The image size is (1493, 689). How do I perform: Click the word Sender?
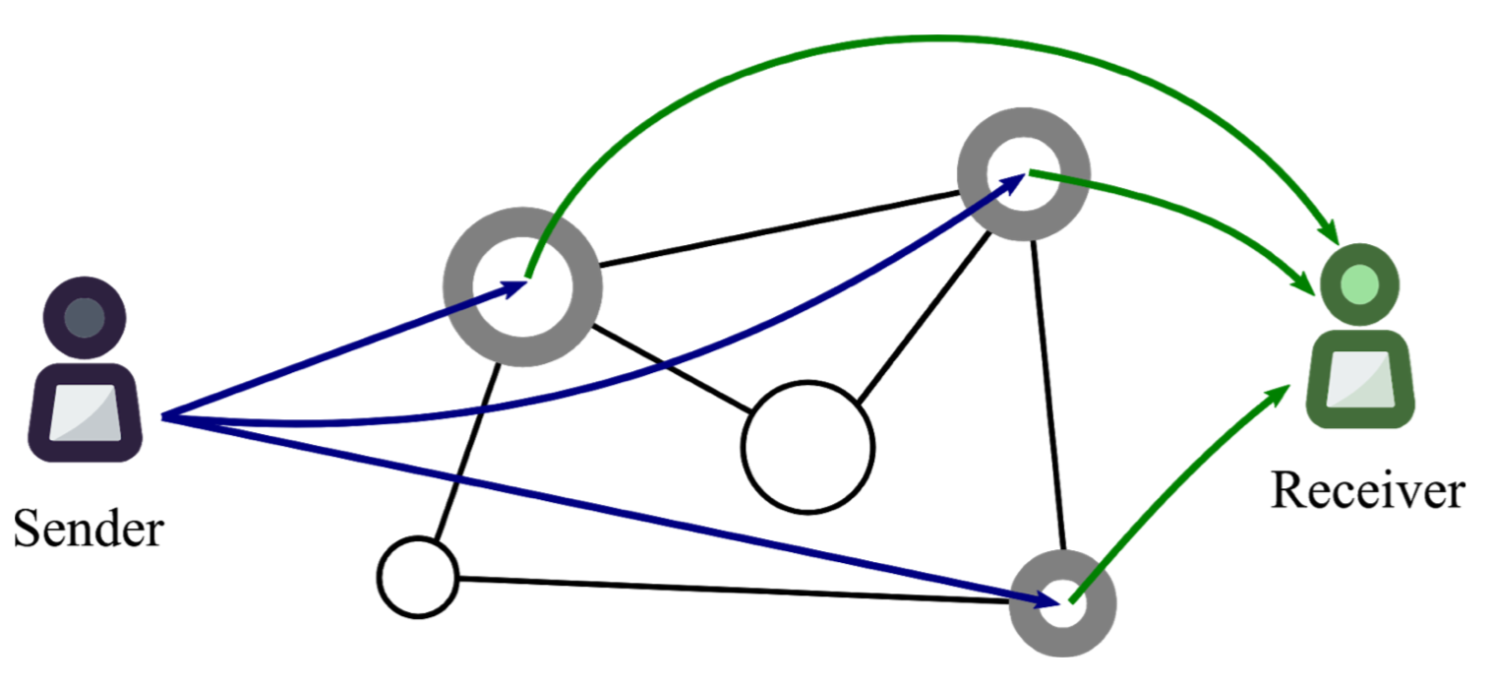click(x=89, y=529)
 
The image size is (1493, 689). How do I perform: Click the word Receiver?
click(x=1368, y=491)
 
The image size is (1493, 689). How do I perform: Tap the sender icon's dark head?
click(x=85, y=318)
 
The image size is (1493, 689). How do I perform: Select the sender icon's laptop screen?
click(x=86, y=412)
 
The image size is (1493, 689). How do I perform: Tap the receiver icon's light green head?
click(x=1360, y=284)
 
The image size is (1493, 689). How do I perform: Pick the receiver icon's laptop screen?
click(x=1360, y=379)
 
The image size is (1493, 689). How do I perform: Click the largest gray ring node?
click(x=458, y=286)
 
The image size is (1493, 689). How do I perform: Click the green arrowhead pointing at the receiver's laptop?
click(x=1279, y=395)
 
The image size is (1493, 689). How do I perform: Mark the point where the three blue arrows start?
click(x=162, y=417)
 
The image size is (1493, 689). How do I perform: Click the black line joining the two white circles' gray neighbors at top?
click(x=779, y=229)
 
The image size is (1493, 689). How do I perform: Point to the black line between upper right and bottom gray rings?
click(x=1048, y=396)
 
